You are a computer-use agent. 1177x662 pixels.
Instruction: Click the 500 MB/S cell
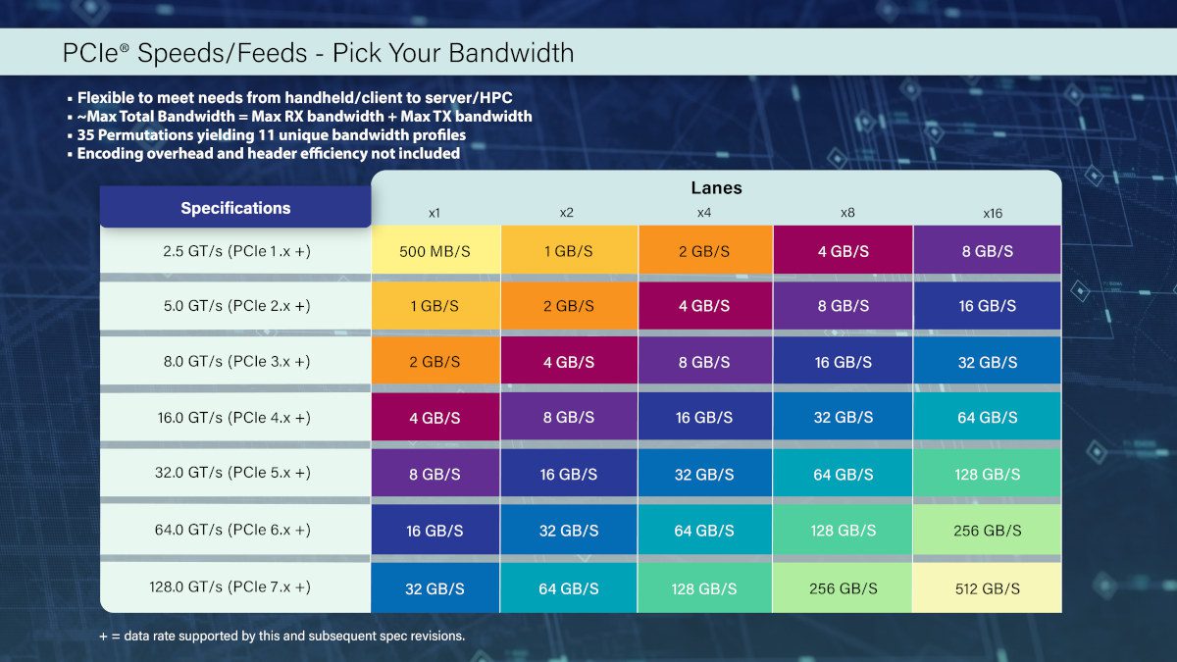coord(435,251)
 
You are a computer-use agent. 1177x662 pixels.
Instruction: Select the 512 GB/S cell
coord(987,588)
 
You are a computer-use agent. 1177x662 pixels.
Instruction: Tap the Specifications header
coord(235,208)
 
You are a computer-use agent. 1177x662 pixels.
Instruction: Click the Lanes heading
coord(716,188)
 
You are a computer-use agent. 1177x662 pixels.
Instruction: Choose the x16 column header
coord(992,213)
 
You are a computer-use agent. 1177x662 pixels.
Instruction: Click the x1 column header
coord(434,213)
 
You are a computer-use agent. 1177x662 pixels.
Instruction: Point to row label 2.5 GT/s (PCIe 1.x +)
coord(235,251)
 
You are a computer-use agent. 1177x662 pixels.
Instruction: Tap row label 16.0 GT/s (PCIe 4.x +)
coord(235,417)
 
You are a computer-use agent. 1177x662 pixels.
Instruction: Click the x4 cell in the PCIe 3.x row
coord(704,362)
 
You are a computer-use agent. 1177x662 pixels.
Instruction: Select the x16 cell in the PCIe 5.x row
coord(987,474)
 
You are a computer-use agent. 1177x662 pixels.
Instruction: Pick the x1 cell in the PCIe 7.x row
coord(435,588)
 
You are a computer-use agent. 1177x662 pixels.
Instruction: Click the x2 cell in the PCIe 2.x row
coord(569,306)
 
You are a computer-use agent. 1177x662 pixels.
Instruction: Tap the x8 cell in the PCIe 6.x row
coord(842,531)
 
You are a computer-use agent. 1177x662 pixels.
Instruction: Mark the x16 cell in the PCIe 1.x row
coord(987,251)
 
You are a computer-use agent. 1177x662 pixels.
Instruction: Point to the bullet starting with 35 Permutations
coord(271,135)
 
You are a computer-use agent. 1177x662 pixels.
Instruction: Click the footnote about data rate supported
coord(281,636)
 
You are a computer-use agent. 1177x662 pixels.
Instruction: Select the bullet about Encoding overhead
coord(268,153)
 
